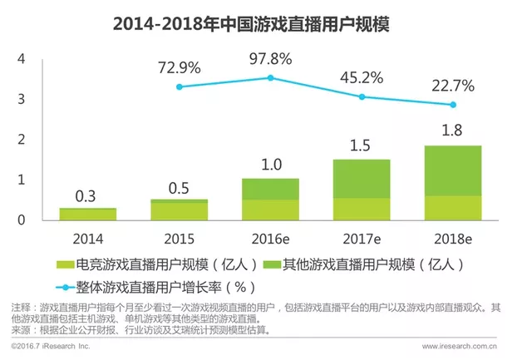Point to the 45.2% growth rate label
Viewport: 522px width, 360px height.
[361, 76]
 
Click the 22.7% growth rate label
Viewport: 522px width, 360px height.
[452, 85]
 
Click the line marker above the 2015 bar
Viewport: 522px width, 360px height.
[179, 86]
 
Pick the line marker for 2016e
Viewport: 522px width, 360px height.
[269, 77]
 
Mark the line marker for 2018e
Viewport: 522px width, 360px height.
[453, 105]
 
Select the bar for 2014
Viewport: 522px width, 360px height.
[87, 214]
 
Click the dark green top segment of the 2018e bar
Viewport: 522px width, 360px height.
[453, 170]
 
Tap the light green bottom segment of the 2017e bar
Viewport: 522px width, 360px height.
[362, 209]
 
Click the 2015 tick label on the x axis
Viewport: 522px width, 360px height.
[179, 237]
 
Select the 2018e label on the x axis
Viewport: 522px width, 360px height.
[453, 237]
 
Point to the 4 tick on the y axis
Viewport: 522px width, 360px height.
[22, 59]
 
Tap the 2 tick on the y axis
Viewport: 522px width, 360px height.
[22, 140]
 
